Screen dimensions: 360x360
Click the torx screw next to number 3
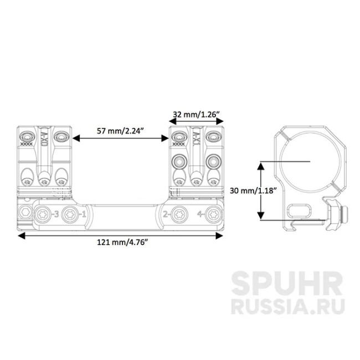[x=43, y=213]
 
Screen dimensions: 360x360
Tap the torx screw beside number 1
[x=69, y=213]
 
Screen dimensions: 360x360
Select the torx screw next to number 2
[x=178, y=213]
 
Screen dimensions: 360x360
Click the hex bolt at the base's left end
[x=24, y=213]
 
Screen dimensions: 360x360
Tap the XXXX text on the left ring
[x=26, y=145]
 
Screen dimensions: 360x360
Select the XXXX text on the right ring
[x=178, y=145]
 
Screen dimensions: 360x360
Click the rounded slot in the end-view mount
[x=300, y=210]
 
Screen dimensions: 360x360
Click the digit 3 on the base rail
[x=55, y=213]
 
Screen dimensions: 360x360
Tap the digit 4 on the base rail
[x=199, y=213]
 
